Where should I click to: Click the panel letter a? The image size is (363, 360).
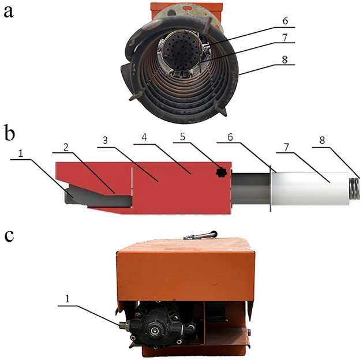(x=9, y=12)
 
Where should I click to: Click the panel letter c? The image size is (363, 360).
(x=9, y=235)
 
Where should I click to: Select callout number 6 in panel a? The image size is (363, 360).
(x=285, y=21)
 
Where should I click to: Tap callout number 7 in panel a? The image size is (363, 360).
(x=285, y=37)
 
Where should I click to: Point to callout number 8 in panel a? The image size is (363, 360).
(x=285, y=59)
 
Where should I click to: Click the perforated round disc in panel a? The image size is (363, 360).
(x=181, y=50)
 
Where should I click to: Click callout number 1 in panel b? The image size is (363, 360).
(x=21, y=153)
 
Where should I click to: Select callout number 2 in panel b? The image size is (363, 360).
(x=66, y=147)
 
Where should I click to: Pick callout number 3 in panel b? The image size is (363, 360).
(x=106, y=140)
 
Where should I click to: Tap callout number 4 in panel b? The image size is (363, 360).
(x=144, y=137)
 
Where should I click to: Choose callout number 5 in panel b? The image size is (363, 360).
(x=183, y=137)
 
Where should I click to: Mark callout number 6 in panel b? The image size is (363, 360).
(x=230, y=137)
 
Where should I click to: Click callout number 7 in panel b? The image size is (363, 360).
(x=286, y=147)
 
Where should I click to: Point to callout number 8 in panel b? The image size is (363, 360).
(x=322, y=140)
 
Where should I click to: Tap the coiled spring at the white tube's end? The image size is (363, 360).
(x=354, y=189)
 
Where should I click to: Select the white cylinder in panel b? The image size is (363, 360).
(x=310, y=189)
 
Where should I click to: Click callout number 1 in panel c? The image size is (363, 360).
(x=68, y=299)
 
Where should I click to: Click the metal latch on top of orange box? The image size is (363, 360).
(x=200, y=235)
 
